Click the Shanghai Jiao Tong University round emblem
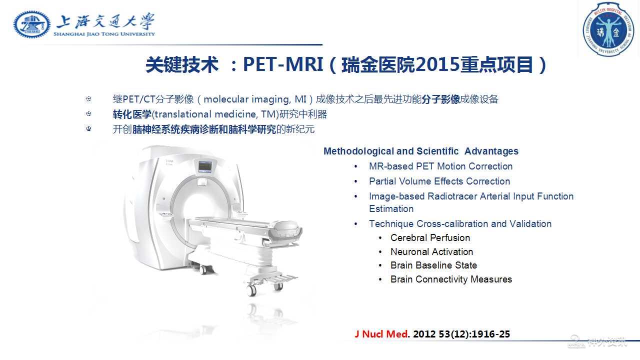(x=32, y=24)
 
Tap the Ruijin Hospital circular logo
(x=608, y=29)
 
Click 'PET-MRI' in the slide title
(x=283, y=64)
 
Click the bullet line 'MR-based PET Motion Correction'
(x=440, y=166)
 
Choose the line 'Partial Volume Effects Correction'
(x=439, y=181)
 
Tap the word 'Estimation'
(x=391, y=209)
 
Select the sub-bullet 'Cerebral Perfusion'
(x=430, y=237)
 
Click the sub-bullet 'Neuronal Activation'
(x=431, y=251)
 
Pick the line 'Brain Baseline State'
(x=433, y=265)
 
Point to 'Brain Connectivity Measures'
(x=451, y=279)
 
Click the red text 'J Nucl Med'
(x=381, y=334)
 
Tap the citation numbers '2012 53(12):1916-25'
(x=461, y=334)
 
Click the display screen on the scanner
(x=205, y=166)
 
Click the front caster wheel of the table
(x=251, y=289)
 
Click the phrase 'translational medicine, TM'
(x=215, y=114)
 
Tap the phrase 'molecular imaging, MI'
(x=255, y=99)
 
